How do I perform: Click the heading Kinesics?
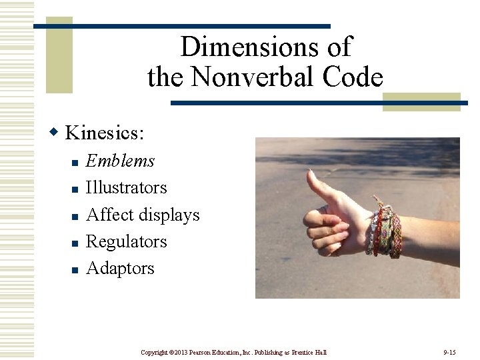tap(104, 133)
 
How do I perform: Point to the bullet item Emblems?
tap(121, 161)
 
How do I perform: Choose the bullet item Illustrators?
tap(127, 187)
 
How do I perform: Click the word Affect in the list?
tap(110, 215)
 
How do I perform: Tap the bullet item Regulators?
tap(127, 241)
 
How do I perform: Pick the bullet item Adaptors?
tap(120, 268)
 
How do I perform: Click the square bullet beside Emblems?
tap(75, 162)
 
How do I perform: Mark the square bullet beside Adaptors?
tap(75, 269)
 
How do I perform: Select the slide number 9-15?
tap(449, 351)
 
